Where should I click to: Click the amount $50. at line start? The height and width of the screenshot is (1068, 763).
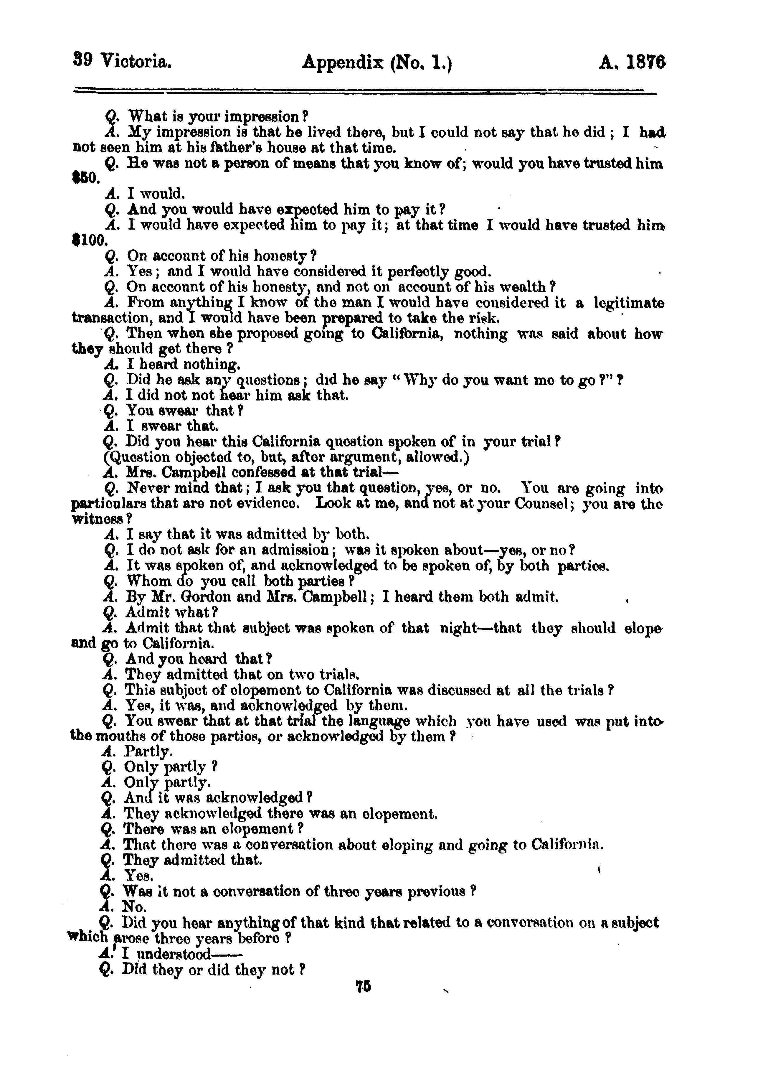point(85,179)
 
